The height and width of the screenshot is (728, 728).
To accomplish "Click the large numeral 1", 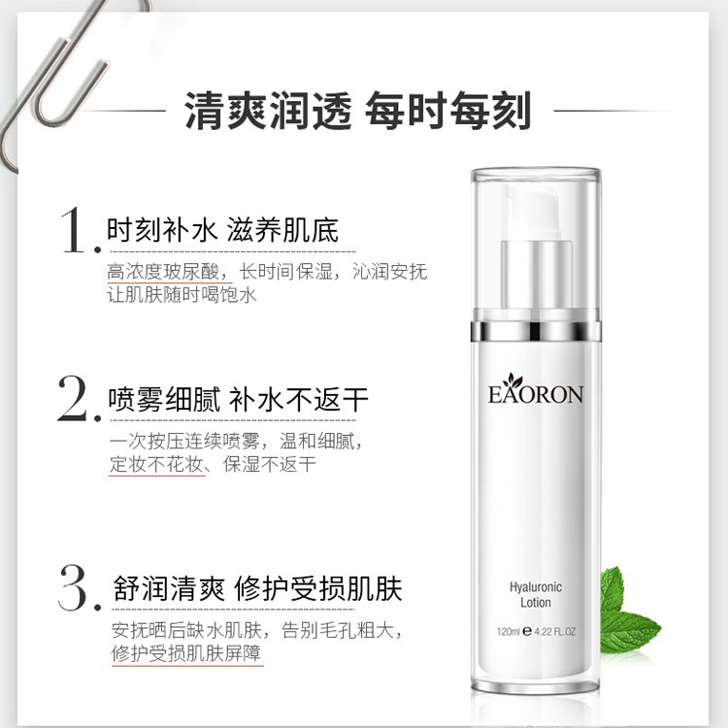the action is coord(75,231).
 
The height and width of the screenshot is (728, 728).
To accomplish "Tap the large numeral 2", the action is coord(75,399).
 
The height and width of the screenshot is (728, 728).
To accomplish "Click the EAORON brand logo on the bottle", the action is coord(535,389).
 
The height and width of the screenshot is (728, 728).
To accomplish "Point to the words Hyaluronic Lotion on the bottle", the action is coord(535,595).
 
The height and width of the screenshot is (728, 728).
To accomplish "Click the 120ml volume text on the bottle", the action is coord(509,632).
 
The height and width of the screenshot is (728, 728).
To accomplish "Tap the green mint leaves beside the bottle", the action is coord(628,612).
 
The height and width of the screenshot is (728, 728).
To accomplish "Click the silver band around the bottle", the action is coord(536,331).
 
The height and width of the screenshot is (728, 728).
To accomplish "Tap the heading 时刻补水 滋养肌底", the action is coord(223,230).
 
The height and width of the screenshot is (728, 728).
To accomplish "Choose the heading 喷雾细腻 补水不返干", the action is coord(238,399).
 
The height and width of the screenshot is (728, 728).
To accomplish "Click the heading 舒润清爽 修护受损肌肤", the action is coord(257,589).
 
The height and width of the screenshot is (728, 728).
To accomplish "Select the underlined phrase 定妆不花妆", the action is coord(156,464).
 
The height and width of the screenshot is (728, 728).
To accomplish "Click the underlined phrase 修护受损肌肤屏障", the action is coord(186,653).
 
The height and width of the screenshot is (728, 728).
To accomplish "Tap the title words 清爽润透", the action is coord(268,111).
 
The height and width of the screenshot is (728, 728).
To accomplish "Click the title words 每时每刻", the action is coord(448,111).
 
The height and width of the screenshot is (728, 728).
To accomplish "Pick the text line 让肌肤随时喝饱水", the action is coord(182,295).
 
